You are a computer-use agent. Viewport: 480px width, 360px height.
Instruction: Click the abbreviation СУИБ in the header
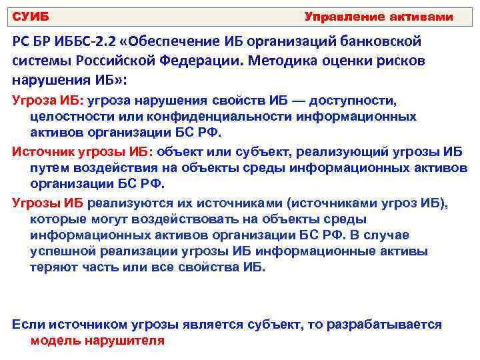[x=31, y=16]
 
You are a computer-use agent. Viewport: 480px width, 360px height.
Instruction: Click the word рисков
[x=397, y=61]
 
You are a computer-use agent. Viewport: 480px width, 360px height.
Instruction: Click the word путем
[x=47, y=167]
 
